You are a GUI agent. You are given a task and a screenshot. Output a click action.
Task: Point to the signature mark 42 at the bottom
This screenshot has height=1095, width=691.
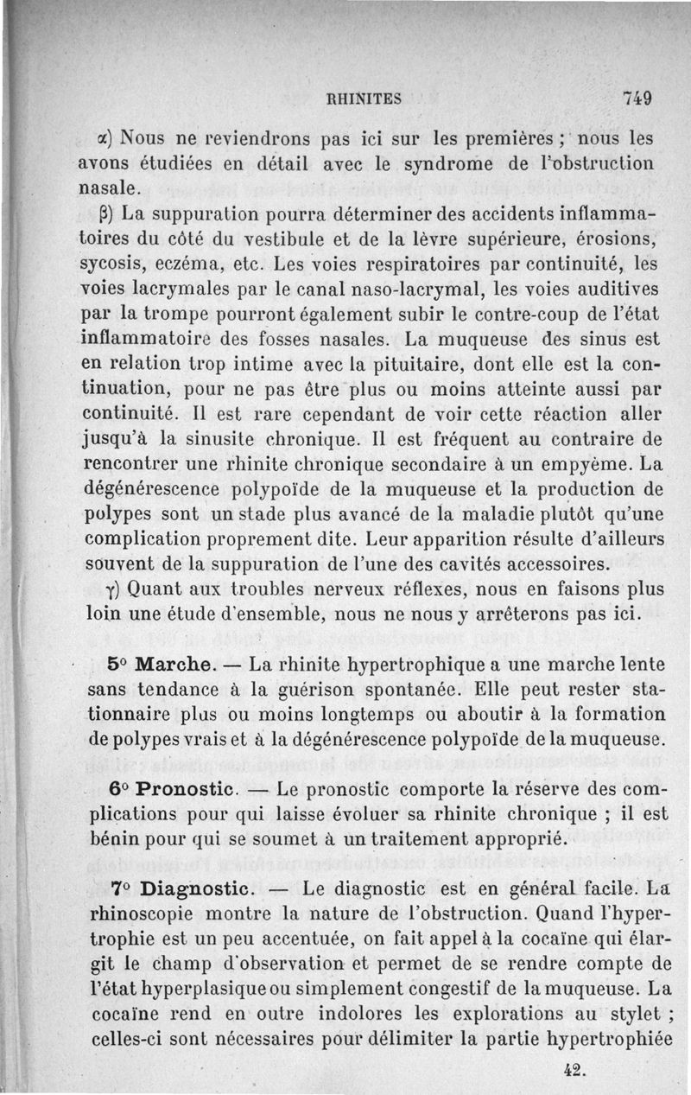[x=574, y=1069]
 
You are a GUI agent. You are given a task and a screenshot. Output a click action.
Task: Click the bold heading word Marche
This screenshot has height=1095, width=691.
[x=176, y=666]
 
